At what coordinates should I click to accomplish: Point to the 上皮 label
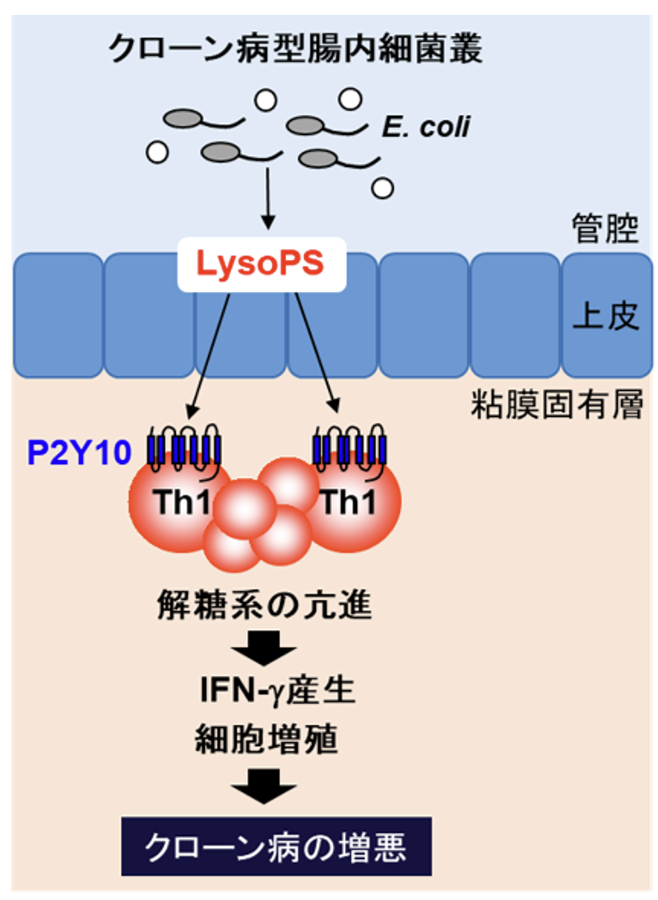click(x=606, y=317)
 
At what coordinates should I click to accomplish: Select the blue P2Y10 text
click(x=80, y=452)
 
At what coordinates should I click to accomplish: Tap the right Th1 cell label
click(x=349, y=503)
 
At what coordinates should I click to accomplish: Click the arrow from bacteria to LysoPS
click(x=266, y=197)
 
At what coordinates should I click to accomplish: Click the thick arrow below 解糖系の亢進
click(x=264, y=647)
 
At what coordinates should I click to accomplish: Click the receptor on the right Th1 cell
click(x=350, y=449)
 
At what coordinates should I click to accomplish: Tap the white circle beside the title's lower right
click(x=350, y=100)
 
